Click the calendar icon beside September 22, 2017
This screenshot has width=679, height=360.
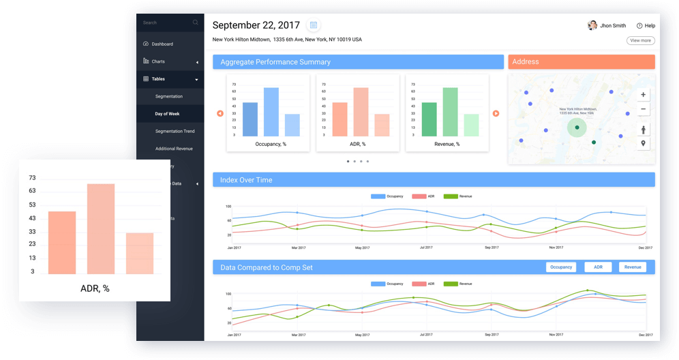point(314,25)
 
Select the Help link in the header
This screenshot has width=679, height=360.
point(646,26)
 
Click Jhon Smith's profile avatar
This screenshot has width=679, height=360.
point(592,25)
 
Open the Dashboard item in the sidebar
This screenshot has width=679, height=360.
point(162,44)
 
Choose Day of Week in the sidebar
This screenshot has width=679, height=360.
point(167,114)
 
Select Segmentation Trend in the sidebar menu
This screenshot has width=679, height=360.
point(175,131)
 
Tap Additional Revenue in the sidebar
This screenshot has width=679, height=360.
point(174,149)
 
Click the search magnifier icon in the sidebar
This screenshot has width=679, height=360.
point(196,22)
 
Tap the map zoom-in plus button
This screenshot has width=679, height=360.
point(643,95)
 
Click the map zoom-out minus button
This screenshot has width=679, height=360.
point(643,109)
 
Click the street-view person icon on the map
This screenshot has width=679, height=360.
point(643,130)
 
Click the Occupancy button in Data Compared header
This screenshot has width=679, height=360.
point(561,267)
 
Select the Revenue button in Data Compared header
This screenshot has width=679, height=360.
point(633,267)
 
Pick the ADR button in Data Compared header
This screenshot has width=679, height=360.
point(598,267)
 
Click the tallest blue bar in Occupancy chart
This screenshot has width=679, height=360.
point(271,112)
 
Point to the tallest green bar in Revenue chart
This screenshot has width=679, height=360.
point(449,112)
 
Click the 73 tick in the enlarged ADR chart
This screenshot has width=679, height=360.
point(32,178)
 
